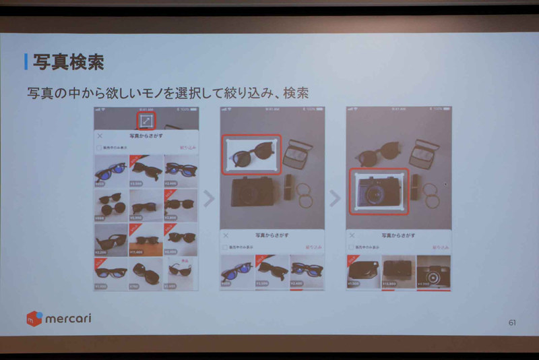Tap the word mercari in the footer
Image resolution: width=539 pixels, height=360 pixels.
[x=68, y=318]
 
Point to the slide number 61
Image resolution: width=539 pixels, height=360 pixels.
[x=512, y=322]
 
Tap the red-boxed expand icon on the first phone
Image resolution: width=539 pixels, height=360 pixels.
[x=146, y=121]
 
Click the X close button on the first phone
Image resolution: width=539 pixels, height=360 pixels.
[x=100, y=136]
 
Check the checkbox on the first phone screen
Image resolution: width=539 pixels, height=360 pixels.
[x=100, y=146]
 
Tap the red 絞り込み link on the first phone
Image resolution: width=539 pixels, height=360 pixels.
[x=188, y=146]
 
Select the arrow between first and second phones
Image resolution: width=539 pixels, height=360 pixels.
[x=209, y=198]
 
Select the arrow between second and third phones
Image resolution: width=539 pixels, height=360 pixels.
[x=336, y=198]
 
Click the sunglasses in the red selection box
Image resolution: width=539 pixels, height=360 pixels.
[x=251, y=153]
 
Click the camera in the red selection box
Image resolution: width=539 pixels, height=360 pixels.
[x=377, y=192]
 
